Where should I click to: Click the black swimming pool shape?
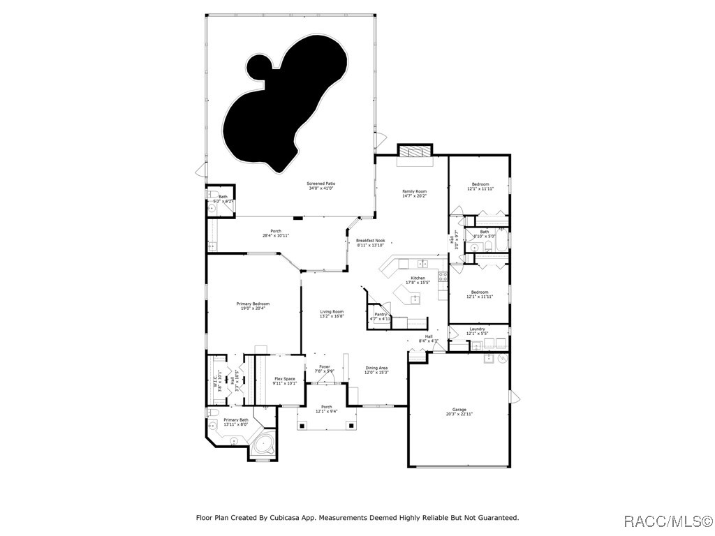coord(279,105)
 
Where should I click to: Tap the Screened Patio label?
coord(320,184)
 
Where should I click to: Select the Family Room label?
coord(414,191)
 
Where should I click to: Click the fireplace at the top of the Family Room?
coord(415,153)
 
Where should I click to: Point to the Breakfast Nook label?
coord(370,240)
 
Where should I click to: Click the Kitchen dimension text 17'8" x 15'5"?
coord(418,283)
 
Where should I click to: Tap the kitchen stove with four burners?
coord(443,276)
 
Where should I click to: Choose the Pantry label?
coord(381,314)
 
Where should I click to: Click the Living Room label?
coord(332,311)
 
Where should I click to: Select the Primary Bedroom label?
coord(253,304)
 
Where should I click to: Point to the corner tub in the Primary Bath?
coord(264,444)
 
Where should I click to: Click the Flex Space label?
coord(284,378)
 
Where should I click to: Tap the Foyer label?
coord(325,366)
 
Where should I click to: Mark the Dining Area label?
coord(376,368)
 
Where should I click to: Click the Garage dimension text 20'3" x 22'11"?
coord(459,415)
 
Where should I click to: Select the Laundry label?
coord(477,329)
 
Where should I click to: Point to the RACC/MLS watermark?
coord(667,521)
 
